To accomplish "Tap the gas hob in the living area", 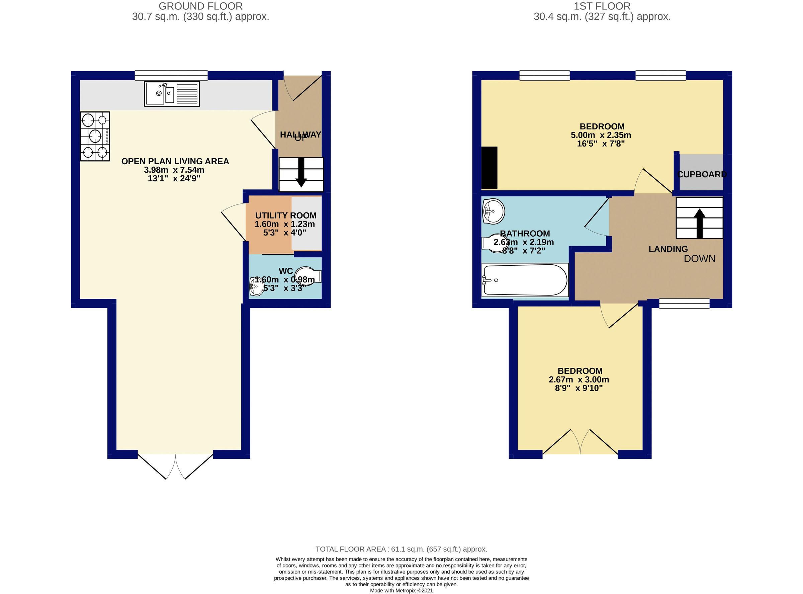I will coord(95,136).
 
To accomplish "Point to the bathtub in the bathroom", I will coord(525,280).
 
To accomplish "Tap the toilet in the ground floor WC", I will coord(308,276).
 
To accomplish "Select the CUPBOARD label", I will coord(702,174).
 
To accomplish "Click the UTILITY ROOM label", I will coord(286,216).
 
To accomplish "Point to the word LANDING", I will coord(668,249).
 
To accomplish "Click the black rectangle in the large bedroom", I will coord(489,168).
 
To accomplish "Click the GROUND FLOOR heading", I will coord(200,6).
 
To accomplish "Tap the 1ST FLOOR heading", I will coord(602,6).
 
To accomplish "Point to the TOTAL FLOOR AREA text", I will coord(401,549).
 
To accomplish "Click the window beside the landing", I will coord(684,303).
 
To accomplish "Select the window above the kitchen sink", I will coord(171,75).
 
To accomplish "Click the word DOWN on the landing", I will coord(699,259).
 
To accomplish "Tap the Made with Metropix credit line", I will coord(401,590).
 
